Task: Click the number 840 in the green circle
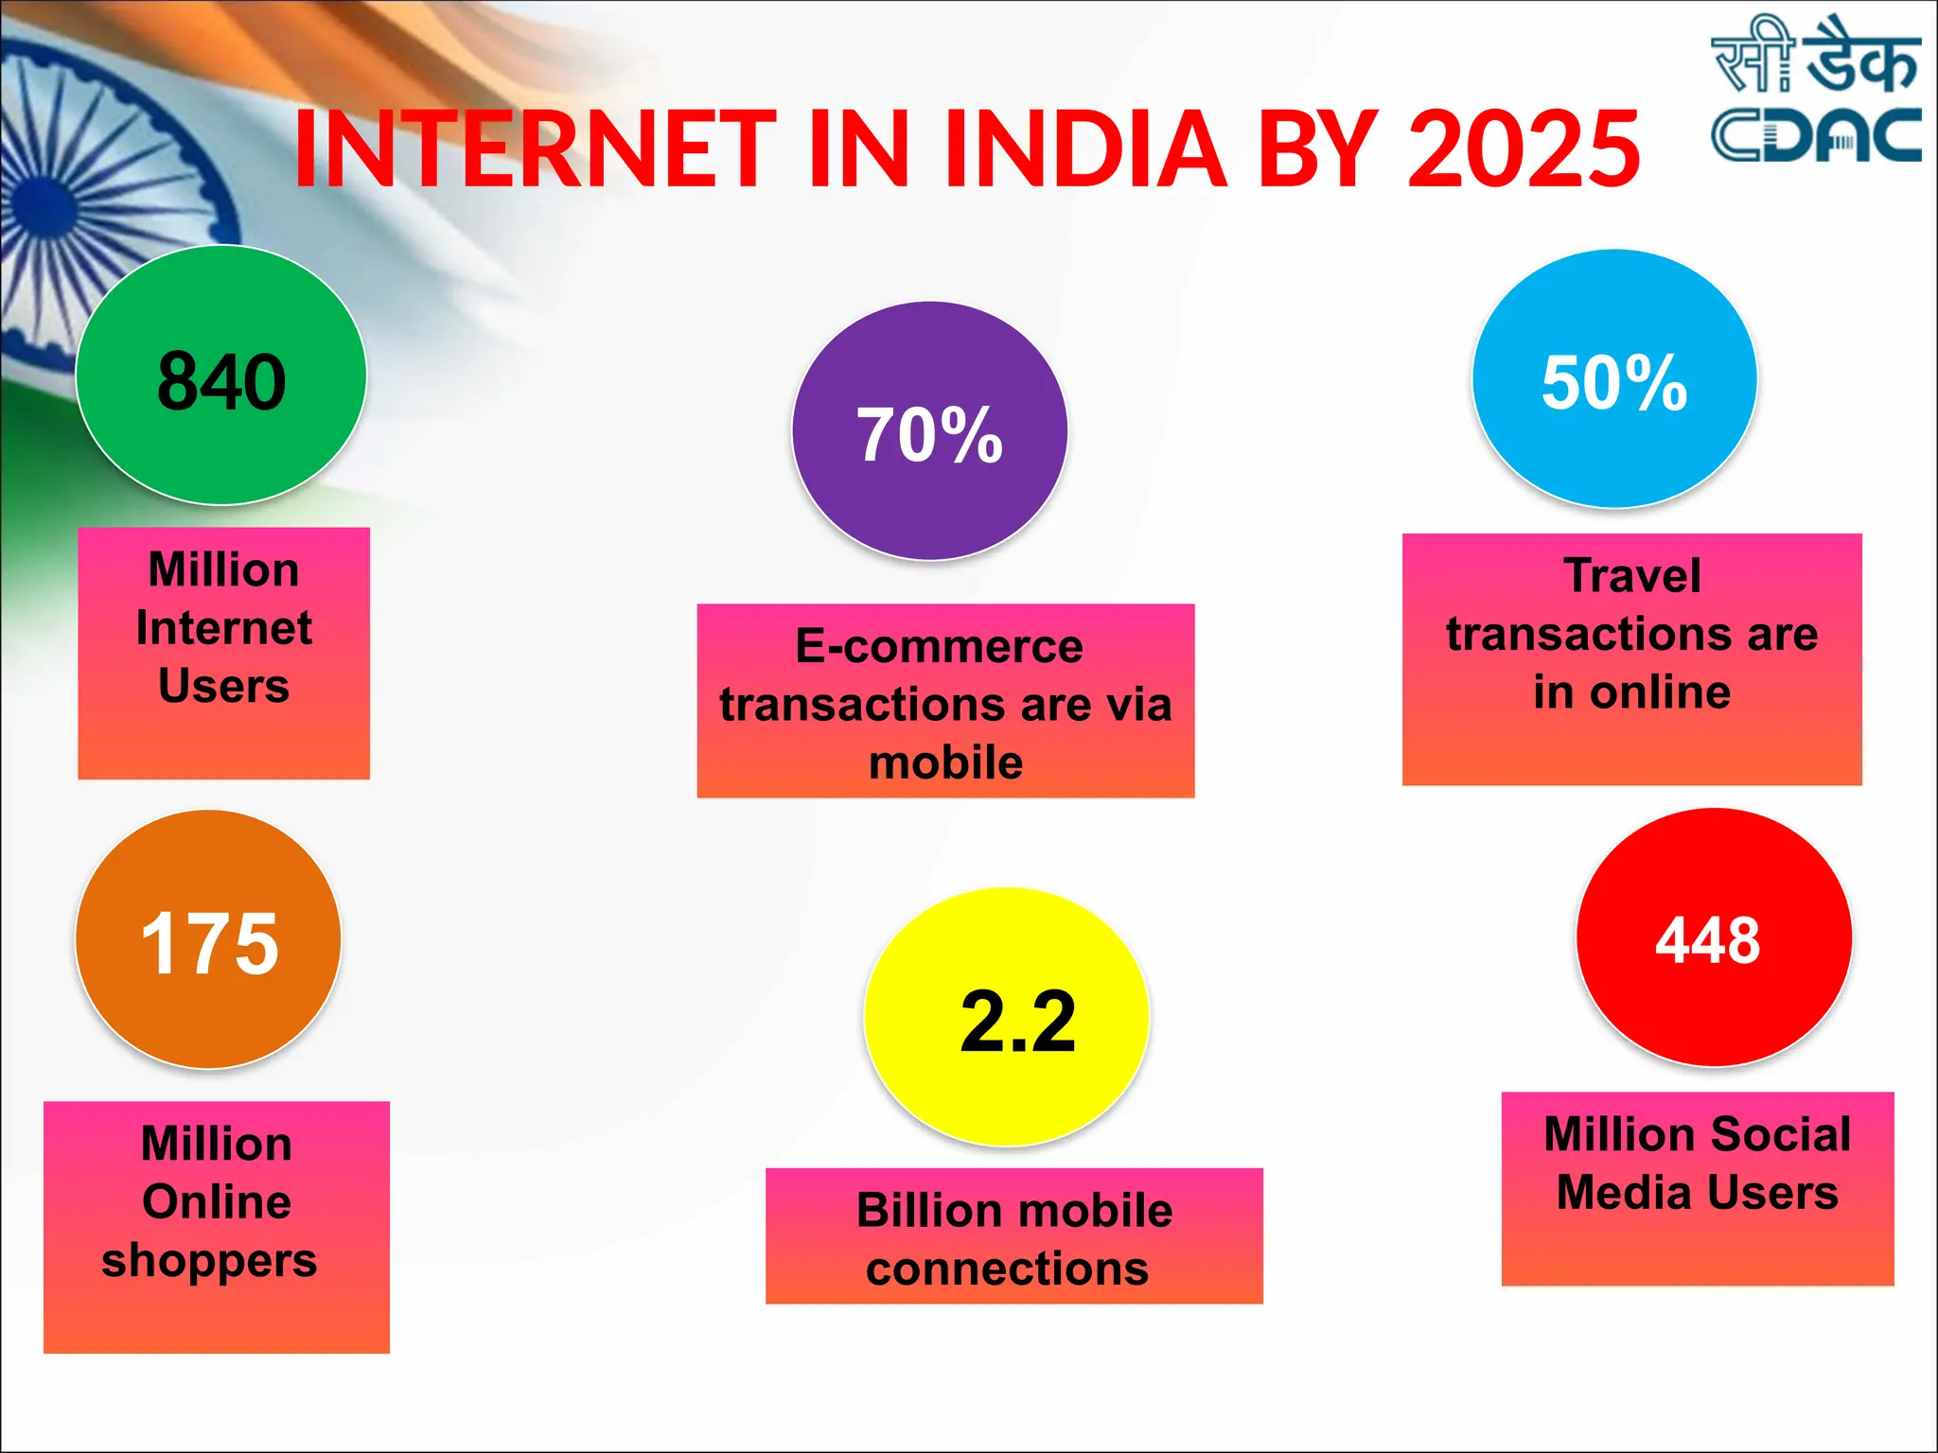click(x=221, y=381)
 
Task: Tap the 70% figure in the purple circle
click(x=929, y=435)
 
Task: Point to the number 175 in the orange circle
click(x=209, y=943)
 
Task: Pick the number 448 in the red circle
click(x=1708, y=940)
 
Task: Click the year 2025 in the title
click(x=1524, y=149)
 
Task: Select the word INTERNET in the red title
click(x=536, y=149)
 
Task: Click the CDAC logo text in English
click(x=1815, y=135)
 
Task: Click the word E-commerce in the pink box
click(x=939, y=646)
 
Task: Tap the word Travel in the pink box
click(x=1632, y=575)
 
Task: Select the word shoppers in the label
click(x=209, y=1261)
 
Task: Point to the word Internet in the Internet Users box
click(x=223, y=628)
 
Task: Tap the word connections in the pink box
click(x=1007, y=1269)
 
